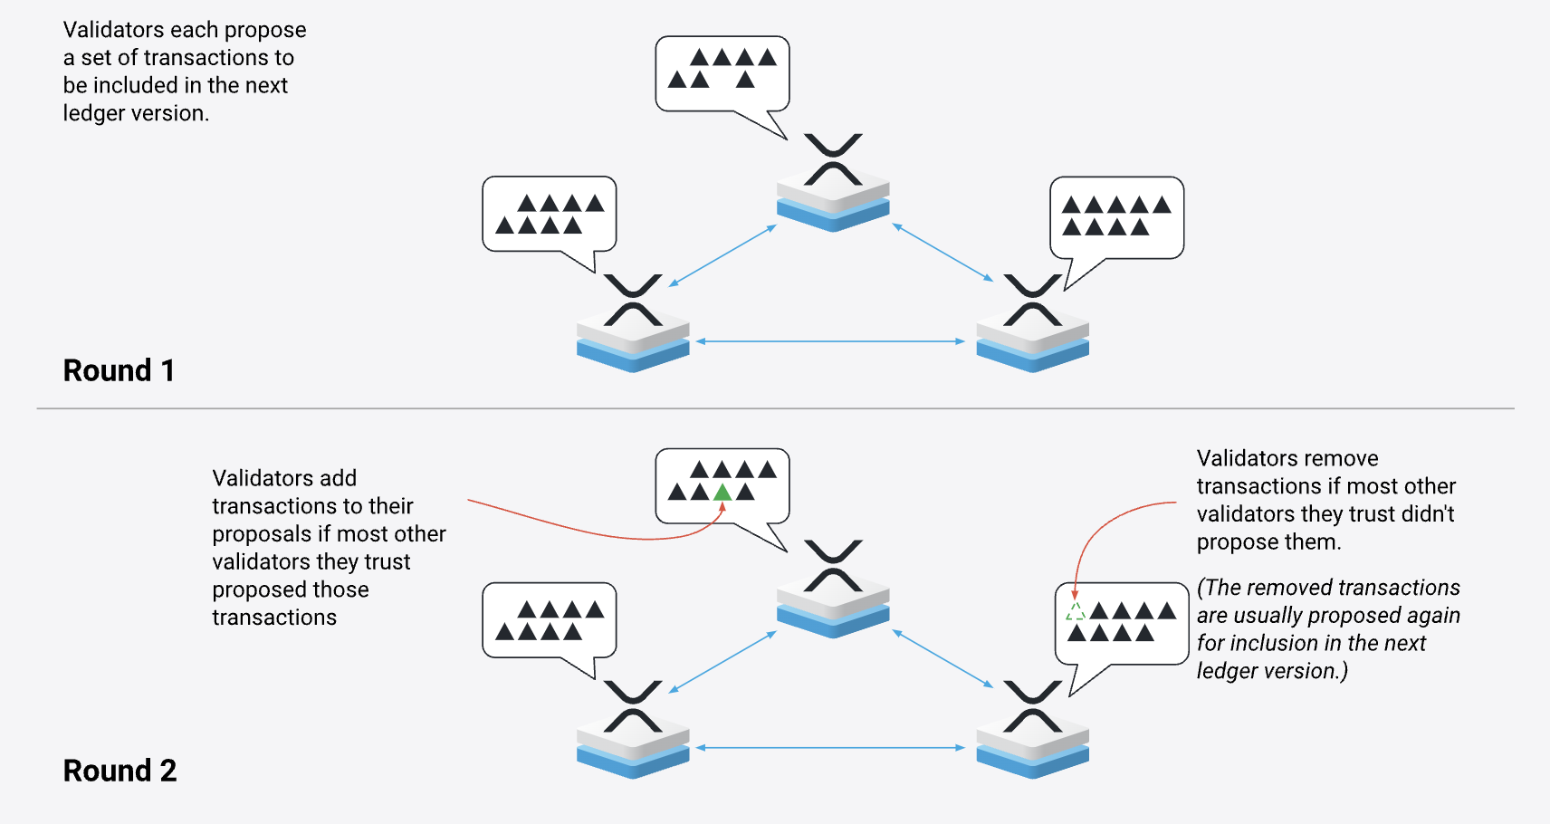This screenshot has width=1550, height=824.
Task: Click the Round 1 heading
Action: [119, 370]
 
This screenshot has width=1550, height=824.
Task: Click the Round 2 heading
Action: [120, 771]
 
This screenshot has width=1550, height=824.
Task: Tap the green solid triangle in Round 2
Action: [722, 493]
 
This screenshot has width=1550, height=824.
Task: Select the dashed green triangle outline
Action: [1076, 611]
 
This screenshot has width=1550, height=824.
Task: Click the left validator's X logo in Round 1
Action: [633, 300]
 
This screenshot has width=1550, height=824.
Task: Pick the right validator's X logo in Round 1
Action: [1032, 300]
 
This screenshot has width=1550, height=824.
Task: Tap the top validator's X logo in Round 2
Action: [833, 566]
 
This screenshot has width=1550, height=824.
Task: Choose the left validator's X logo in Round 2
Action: [633, 706]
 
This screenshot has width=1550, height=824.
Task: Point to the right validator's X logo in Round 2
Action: [1032, 706]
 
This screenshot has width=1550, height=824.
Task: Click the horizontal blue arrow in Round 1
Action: [831, 341]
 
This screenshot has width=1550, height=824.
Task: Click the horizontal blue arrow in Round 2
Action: [831, 748]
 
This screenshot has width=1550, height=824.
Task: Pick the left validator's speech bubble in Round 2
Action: [550, 620]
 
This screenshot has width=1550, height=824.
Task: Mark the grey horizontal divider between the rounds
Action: [775, 408]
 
